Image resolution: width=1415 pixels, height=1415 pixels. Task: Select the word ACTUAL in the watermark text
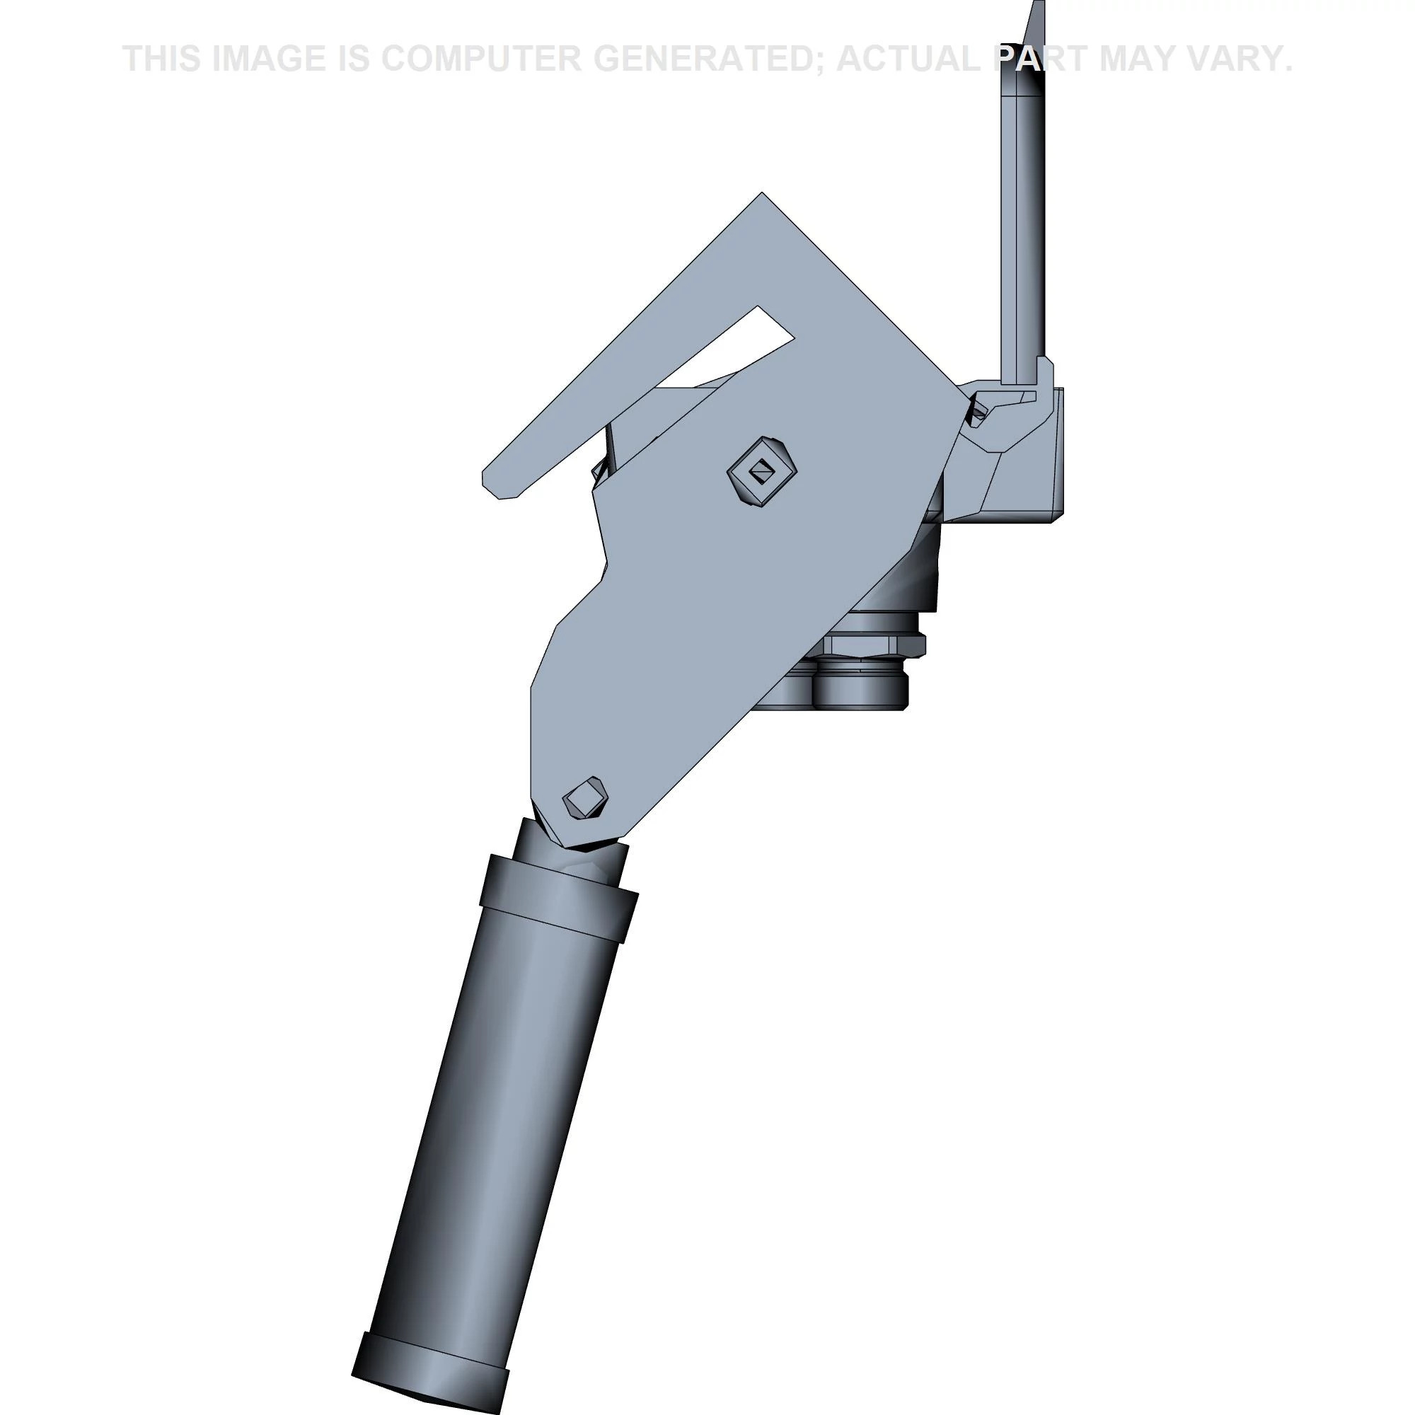[x=913, y=59]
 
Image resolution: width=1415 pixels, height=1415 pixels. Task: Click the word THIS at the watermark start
[x=162, y=59]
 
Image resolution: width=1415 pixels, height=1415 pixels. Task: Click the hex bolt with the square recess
[x=762, y=471]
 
